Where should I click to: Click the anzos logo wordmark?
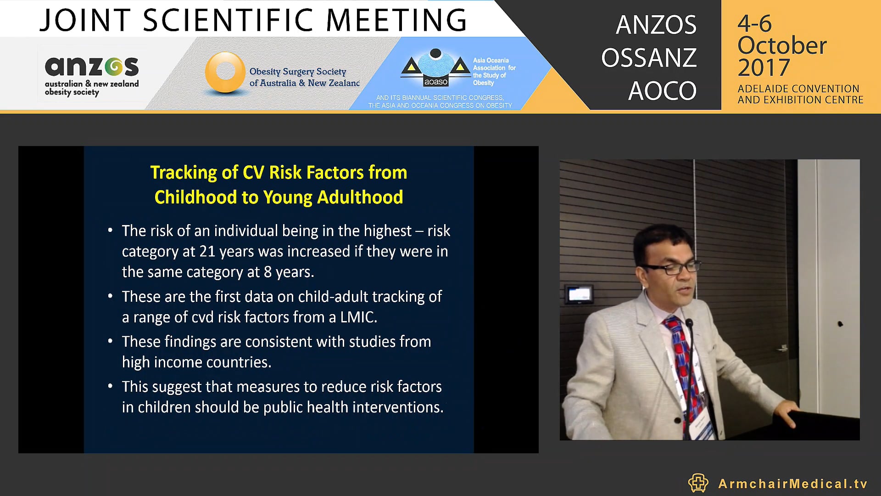pos(92,67)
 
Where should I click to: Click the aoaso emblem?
pos(435,68)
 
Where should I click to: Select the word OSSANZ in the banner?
pos(649,58)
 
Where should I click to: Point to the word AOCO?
pos(662,90)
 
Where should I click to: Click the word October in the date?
pos(782,45)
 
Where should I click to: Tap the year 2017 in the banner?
pos(764,68)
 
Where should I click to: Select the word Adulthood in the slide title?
pos(360,197)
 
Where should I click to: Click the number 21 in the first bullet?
pos(207,251)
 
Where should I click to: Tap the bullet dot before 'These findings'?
pos(110,341)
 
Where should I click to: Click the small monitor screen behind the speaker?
pos(579,294)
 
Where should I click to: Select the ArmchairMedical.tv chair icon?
pos(698,483)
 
